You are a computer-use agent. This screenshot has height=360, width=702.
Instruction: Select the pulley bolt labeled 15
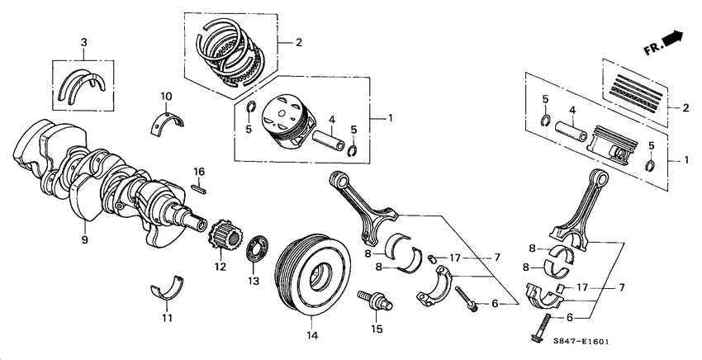click(x=372, y=301)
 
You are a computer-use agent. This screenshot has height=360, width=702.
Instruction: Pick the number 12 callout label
click(x=220, y=266)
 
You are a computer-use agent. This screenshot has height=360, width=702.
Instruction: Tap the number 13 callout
click(x=253, y=281)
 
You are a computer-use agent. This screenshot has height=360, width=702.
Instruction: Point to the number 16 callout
click(x=198, y=171)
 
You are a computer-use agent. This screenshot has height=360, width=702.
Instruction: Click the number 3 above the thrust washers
click(x=83, y=41)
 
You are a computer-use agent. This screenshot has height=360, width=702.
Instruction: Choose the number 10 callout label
click(x=166, y=95)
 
